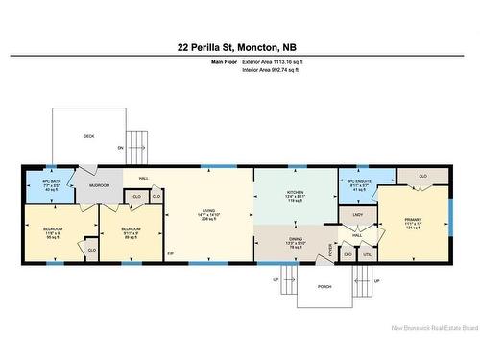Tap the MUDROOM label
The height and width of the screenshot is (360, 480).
coord(100,184)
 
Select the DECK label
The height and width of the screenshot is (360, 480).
coord(89,136)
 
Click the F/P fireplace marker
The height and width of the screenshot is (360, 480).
coord(172,253)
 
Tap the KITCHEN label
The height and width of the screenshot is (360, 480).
coord(295,198)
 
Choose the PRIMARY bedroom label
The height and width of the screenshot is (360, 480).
coord(413,222)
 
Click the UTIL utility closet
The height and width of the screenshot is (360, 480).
coord(366,254)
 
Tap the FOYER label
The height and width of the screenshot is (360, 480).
coord(332,249)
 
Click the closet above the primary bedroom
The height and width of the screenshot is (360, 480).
coord(422,177)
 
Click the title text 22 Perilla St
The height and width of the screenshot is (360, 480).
coord(240,45)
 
